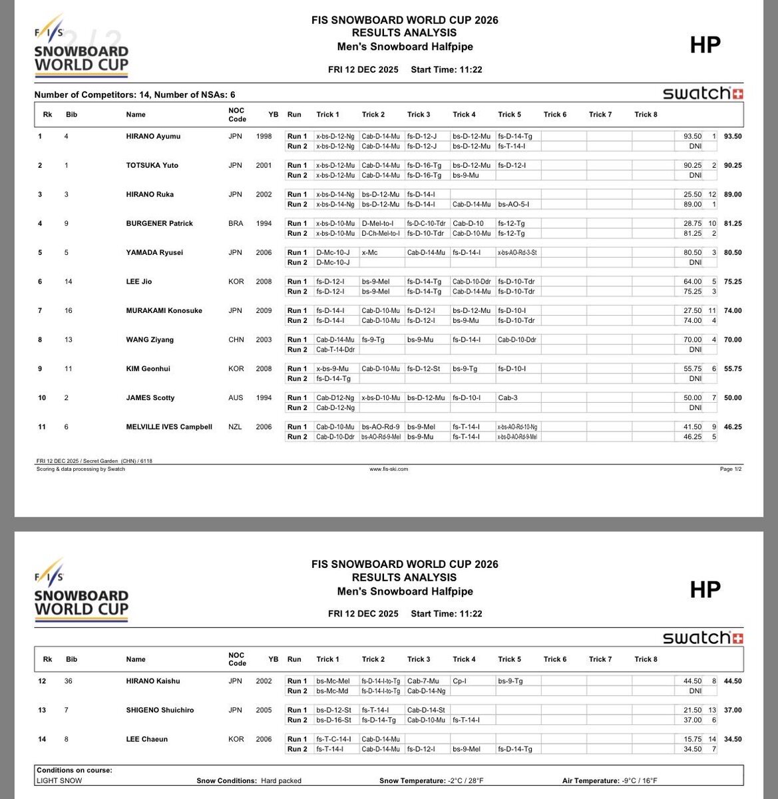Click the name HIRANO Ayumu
(x=153, y=136)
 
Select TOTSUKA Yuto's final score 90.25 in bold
(x=732, y=165)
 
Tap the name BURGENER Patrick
(x=159, y=224)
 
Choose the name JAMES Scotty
(x=150, y=398)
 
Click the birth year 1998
(x=264, y=136)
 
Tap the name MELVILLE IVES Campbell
(x=169, y=427)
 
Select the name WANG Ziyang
(x=150, y=340)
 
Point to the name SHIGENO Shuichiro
(x=160, y=710)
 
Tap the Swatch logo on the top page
(x=703, y=93)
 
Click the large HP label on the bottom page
(x=705, y=589)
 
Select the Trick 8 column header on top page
(x=646, y=115)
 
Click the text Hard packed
(x=281, y=781)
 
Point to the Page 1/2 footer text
(x=730, y=469)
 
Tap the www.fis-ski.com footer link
(x=389, y=469)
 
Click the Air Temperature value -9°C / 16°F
(x=634, y=781)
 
